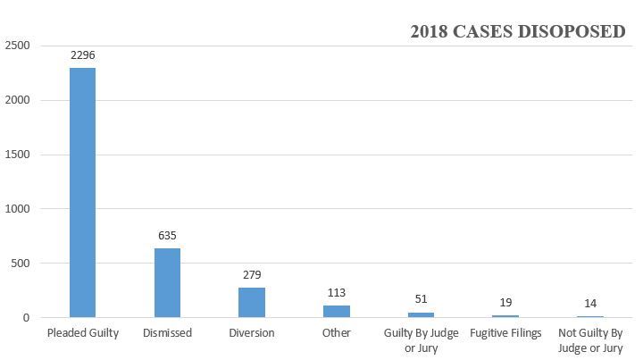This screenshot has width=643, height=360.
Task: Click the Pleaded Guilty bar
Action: [x=83, y=192]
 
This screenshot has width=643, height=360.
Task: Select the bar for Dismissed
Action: [x=167, y=282]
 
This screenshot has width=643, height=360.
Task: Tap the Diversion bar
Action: [x=252, y=302]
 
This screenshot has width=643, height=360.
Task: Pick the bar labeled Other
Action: [x=337, y=311]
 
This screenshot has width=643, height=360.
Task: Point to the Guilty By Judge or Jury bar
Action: [x=421, y=314]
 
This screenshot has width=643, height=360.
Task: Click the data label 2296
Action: [x=83, y=55]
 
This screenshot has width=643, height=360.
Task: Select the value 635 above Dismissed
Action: [x=167, y=236]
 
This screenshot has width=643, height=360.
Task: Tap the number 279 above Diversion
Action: [x=252, y=275]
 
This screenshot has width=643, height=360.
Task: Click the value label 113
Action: [x=337, y=293]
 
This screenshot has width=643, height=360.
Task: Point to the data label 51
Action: [x=421, y=300]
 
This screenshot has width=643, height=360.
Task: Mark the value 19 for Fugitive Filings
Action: [x=505, y=304]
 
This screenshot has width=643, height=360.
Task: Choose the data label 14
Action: [x=590, y=304]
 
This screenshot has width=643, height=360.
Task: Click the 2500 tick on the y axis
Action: [x=18, y=46]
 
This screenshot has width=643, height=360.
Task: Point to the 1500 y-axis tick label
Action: [x=18, y=155]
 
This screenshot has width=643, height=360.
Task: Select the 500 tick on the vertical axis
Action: [x=21, y=264]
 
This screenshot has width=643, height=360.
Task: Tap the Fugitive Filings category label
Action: [x=505, y=334]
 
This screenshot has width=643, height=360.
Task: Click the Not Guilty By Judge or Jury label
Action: [x=590, y=340]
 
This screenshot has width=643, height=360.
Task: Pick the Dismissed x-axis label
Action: [x=167, y=334]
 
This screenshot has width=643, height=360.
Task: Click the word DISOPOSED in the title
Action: [x=574, y=32]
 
